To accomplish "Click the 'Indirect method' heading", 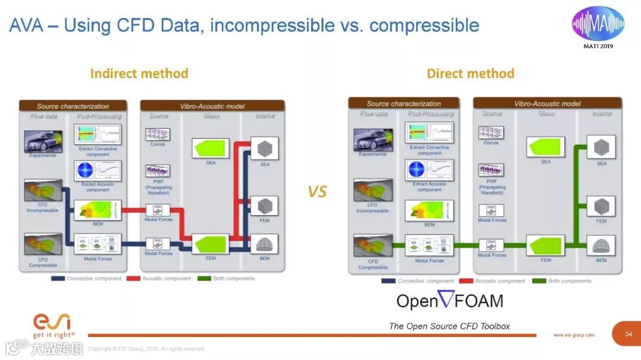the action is pos(139,74).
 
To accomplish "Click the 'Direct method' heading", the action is pos(470,74).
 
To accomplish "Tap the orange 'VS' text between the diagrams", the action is pos(318,192).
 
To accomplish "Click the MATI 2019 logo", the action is pos(598,26).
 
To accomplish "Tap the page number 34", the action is pos(629,334).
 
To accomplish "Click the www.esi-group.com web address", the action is pos(573,335).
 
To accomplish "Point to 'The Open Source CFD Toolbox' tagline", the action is pos(449,326).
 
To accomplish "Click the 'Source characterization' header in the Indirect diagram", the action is pos(73,106).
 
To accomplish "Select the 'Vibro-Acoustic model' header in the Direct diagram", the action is pos(547,103).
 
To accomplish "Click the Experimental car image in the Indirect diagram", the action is pos(43,142).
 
